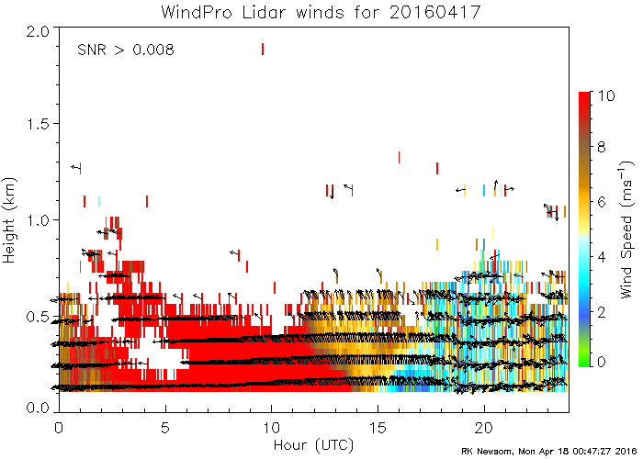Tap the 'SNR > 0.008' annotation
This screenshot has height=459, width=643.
pos(125,49)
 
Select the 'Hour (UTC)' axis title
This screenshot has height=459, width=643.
pos(313,445)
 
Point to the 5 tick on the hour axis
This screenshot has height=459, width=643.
pos(165,427)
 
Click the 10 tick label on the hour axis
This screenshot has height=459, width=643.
pos(271,427)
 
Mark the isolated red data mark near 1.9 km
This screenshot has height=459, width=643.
pos(263,49)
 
